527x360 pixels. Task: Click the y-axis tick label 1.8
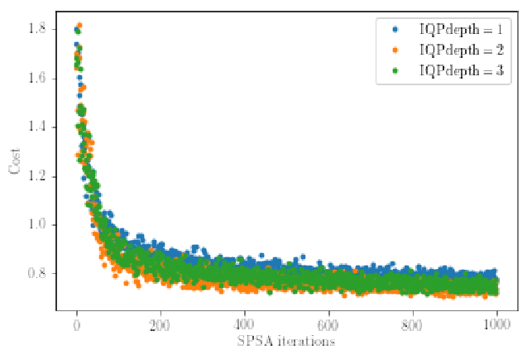[x=37, y=29]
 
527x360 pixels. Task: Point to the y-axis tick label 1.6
[x=37, y=79]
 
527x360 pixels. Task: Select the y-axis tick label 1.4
[x=37, y=127]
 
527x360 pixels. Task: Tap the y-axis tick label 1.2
[x=37, y=176]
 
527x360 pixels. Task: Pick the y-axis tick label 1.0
[x=37, y=224]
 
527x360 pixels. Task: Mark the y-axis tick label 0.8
[x=37, y=273]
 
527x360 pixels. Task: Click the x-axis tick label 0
[x=77, y=325]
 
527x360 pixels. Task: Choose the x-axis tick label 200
[x=160, y=325]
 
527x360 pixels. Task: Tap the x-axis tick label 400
[x=244, y=325]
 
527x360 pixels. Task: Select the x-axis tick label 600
[x=328, y=325]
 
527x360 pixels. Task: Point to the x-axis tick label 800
[x=412, y=325]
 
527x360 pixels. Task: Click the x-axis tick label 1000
[x=496, y=325]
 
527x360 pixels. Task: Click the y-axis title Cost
[x=14, y=161]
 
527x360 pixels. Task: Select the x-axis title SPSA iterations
[x=286, y=341]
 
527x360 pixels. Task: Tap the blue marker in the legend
[x=395, y=30]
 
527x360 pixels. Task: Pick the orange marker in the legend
[x=395, y=50]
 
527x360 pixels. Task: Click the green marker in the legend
[x=395, y=71]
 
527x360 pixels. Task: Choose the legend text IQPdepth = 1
[x=462, y=30]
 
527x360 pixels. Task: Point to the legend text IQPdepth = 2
[x=462, y=50]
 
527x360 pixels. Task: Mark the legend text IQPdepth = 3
[x=462, y=71]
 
